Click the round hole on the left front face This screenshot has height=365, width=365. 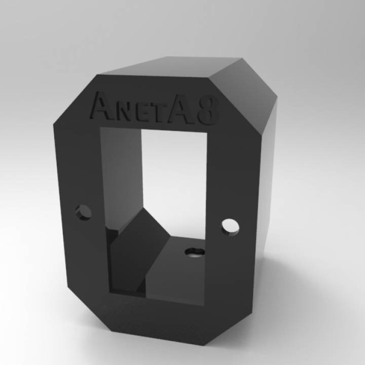click(84, 211)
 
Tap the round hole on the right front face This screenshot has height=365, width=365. click(230, 226)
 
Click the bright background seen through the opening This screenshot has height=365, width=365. click(172, 167)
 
